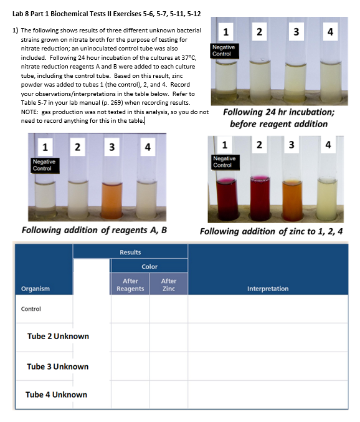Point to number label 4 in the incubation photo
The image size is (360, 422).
(330, 31)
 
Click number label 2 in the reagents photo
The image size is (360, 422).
(77, 148)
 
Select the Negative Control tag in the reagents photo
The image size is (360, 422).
(42, 165)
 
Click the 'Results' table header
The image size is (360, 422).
(130, 252)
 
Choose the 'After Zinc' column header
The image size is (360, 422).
(168, 284)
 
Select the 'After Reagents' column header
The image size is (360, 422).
(130, 284)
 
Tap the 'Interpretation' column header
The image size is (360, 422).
(268, 289)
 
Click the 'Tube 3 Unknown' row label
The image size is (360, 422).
(57, 367)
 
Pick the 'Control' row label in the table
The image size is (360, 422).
(31, 309)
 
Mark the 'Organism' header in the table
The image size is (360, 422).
(36, 289)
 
